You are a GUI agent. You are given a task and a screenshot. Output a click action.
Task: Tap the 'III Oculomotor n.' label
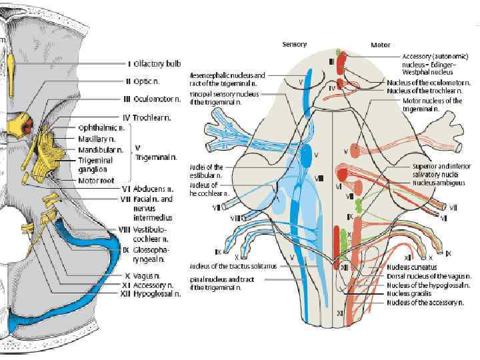coord(154,99)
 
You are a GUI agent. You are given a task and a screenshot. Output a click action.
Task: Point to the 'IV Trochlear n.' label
coord(152,117)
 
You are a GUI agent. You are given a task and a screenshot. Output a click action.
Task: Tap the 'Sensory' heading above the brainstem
coord(294,45)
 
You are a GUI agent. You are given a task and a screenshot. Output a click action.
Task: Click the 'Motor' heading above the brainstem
coord(380,45)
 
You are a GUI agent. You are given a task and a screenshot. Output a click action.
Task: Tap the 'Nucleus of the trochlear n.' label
coord(428,91)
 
